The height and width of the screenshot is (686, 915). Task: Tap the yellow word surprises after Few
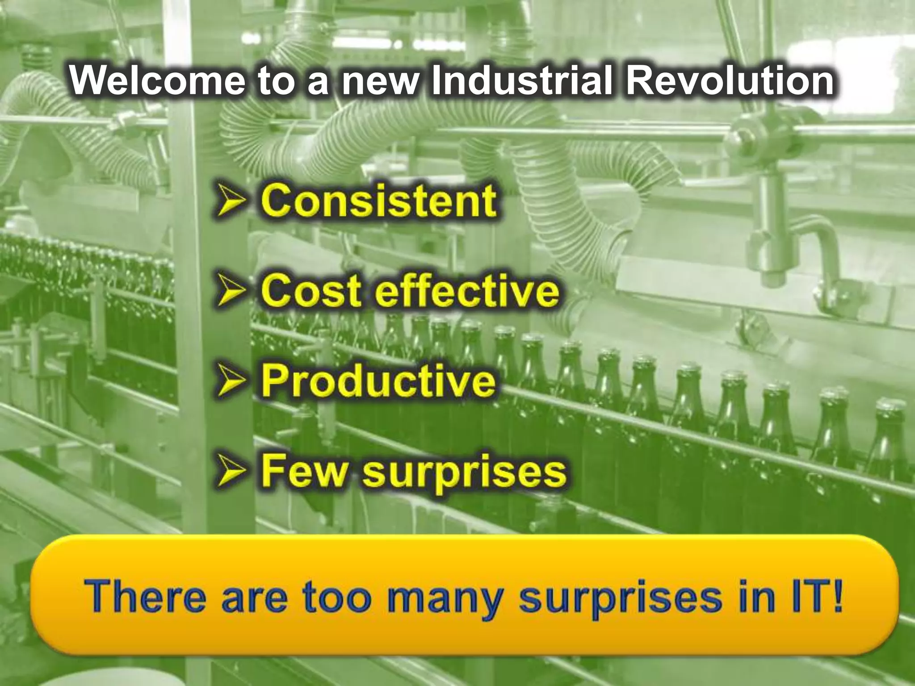coord(464,474)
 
